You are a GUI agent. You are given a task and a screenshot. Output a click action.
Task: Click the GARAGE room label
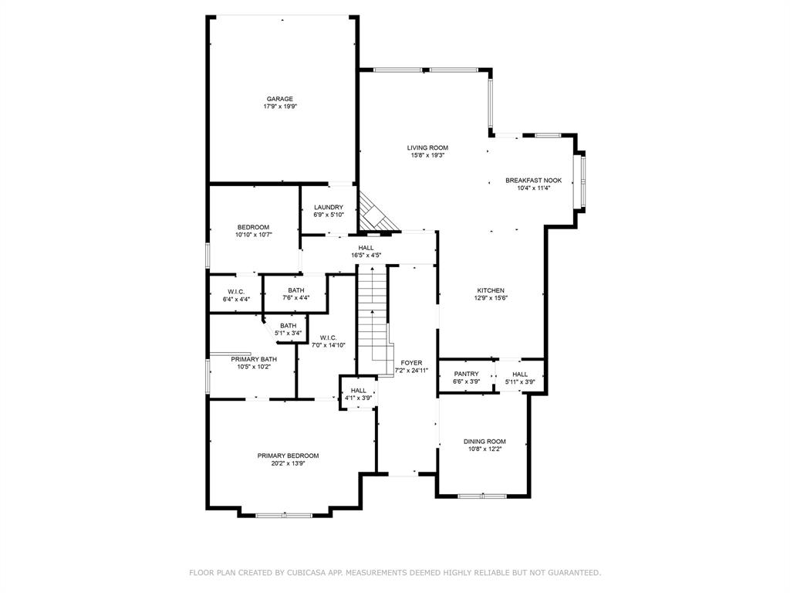coord(279,99)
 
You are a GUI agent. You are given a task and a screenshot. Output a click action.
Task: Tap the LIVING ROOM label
coord(427,147)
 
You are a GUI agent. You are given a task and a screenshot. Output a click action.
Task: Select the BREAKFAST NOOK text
coord(528,180)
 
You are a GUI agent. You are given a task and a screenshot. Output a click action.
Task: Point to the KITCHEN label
coord(490,290)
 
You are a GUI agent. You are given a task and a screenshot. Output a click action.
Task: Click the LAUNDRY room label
coord(328,207)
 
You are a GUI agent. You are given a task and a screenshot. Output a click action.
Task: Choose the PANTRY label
coord(466,374)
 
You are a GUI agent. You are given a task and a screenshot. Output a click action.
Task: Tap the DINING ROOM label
coord(484,441)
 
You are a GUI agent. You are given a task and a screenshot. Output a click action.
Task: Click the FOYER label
coord(411,362)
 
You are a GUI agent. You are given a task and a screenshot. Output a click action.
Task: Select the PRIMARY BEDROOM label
coord(288,456)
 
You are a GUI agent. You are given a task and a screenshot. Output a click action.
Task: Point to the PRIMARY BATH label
coord(253,359)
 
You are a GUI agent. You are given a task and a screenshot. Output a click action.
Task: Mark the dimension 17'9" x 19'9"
coord(279,107)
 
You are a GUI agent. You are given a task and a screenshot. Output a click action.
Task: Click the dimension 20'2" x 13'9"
coord(288,463)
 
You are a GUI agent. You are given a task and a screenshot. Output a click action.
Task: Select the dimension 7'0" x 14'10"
coord(327,345)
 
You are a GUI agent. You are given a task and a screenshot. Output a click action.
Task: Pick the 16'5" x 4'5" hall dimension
coord(366,255)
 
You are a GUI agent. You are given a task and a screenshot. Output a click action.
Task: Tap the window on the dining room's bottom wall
coord(482,495)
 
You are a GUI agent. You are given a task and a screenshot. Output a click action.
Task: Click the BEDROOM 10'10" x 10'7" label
coord(253,227)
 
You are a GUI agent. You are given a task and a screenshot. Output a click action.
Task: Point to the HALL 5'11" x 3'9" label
coord(520,374)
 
